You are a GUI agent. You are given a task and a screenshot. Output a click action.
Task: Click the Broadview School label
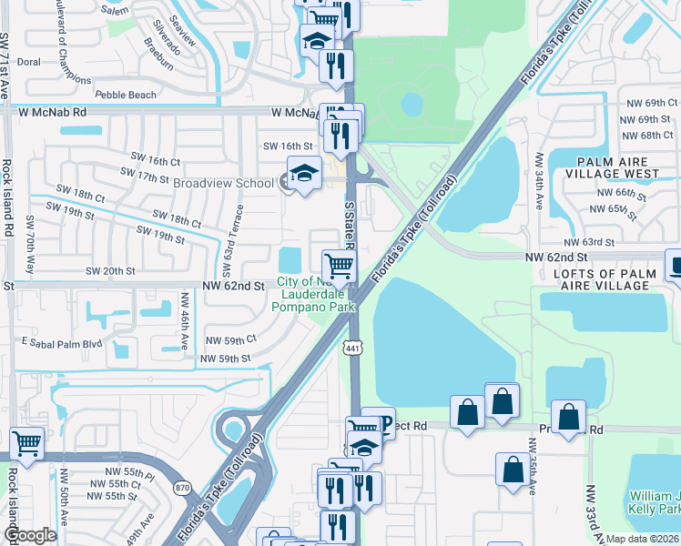(x=223, y=183)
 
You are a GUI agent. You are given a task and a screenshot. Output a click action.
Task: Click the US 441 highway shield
(x=353, y=348)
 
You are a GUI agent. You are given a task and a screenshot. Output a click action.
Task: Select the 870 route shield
(x=183, y=488)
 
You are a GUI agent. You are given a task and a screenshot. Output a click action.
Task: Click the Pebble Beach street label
(x=126, y=94)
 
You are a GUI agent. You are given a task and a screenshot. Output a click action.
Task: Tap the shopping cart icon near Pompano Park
(x=339, y=266)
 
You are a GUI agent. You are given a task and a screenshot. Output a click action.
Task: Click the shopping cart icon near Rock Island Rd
(x=27, y=444)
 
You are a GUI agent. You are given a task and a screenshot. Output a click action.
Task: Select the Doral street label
(x=29, y=62)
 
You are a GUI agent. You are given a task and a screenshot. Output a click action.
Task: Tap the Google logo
(x=30, y=535)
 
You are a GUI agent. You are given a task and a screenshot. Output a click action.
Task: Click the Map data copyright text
(x=642, y=539)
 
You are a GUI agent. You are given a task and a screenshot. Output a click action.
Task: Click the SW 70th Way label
(x=30, y=244)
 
